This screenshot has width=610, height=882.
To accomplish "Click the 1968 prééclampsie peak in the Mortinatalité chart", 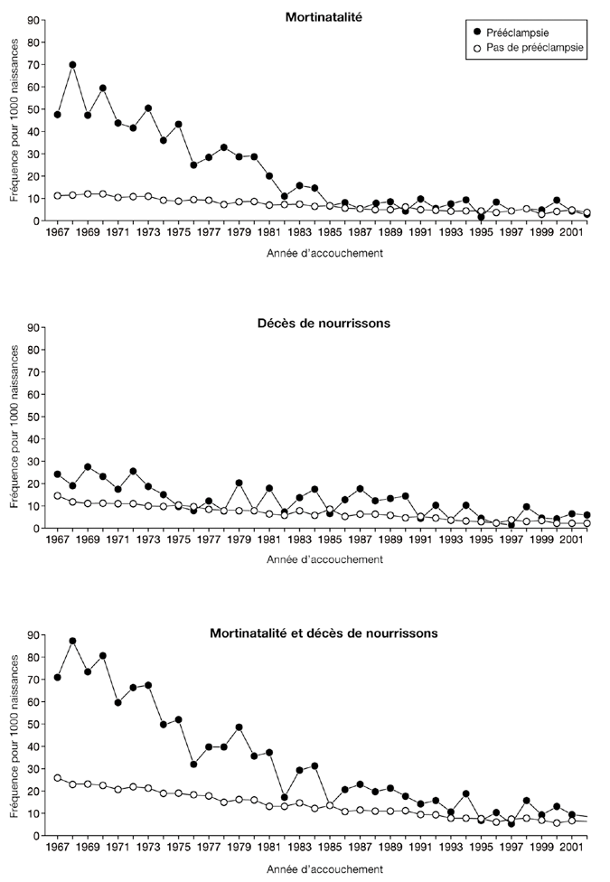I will [x=72, y=65].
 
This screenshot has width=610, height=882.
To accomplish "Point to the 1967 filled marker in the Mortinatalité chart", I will [x=58, y=115].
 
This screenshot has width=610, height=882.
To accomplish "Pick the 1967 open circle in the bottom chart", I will [x=58, y=778].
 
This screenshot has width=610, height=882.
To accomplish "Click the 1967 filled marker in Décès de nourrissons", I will [x=58, y=474].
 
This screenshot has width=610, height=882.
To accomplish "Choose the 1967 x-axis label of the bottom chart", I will [x=58, y=849].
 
